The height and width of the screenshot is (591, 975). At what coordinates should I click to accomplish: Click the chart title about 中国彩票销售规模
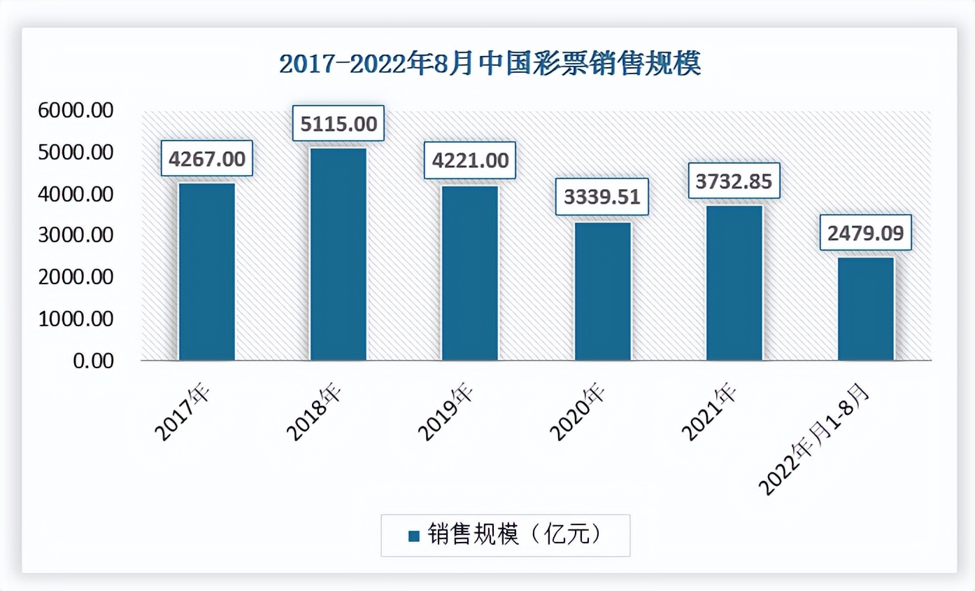[490, 64]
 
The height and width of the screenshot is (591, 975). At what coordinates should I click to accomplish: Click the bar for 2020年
[602, 291]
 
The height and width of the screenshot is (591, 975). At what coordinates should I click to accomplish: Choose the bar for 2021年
[734, 283]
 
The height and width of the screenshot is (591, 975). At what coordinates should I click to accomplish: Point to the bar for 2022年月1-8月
[866, 309]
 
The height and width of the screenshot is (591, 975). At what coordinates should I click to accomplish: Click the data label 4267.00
[207, 159]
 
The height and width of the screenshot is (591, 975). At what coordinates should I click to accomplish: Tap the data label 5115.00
[339, 124]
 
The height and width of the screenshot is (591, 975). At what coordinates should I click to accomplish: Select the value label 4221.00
[470, 160]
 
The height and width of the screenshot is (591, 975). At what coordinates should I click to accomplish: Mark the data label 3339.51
[602, 197]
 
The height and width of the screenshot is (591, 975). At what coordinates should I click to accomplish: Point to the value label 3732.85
[734, 181]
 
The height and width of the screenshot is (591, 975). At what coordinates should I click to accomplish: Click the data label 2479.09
[866, 232]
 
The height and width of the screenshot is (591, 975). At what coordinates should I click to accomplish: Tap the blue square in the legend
[413, 536]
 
